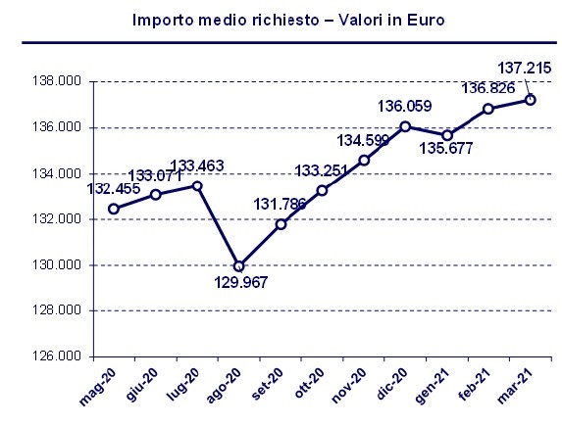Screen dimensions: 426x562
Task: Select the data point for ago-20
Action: click(x=239, y=265)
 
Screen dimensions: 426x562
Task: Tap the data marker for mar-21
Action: click(x=531, y=100)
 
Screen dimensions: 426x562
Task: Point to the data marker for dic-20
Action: click(x=405, y=126)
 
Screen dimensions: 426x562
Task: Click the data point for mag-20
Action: click(x=114, y=209)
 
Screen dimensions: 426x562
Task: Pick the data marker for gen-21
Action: click(x=447, y=135)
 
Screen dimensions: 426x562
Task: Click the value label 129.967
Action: click(x=241, y=283)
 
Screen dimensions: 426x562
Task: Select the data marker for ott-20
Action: click(x=322, y=190)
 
